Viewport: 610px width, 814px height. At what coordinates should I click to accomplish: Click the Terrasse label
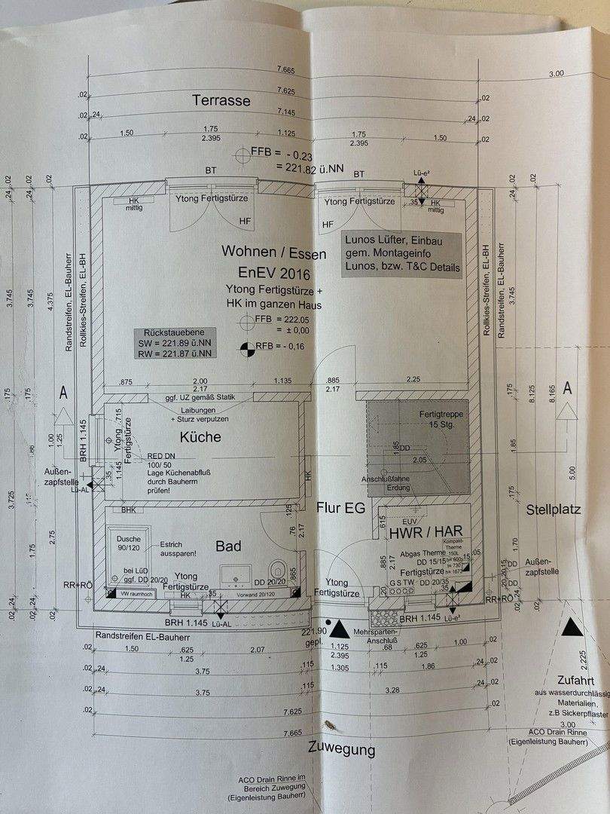click(221, 100)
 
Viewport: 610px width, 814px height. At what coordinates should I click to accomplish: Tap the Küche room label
click(200, 436)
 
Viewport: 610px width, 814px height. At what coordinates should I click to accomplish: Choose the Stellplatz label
click(554, 510)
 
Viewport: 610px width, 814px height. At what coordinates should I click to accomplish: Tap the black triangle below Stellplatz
click(574, 627)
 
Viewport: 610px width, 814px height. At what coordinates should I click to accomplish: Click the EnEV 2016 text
click(275, 273)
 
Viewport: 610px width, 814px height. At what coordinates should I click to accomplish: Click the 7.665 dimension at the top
click(285, 69)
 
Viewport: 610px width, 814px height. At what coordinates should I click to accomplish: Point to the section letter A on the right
click(568, 387)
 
